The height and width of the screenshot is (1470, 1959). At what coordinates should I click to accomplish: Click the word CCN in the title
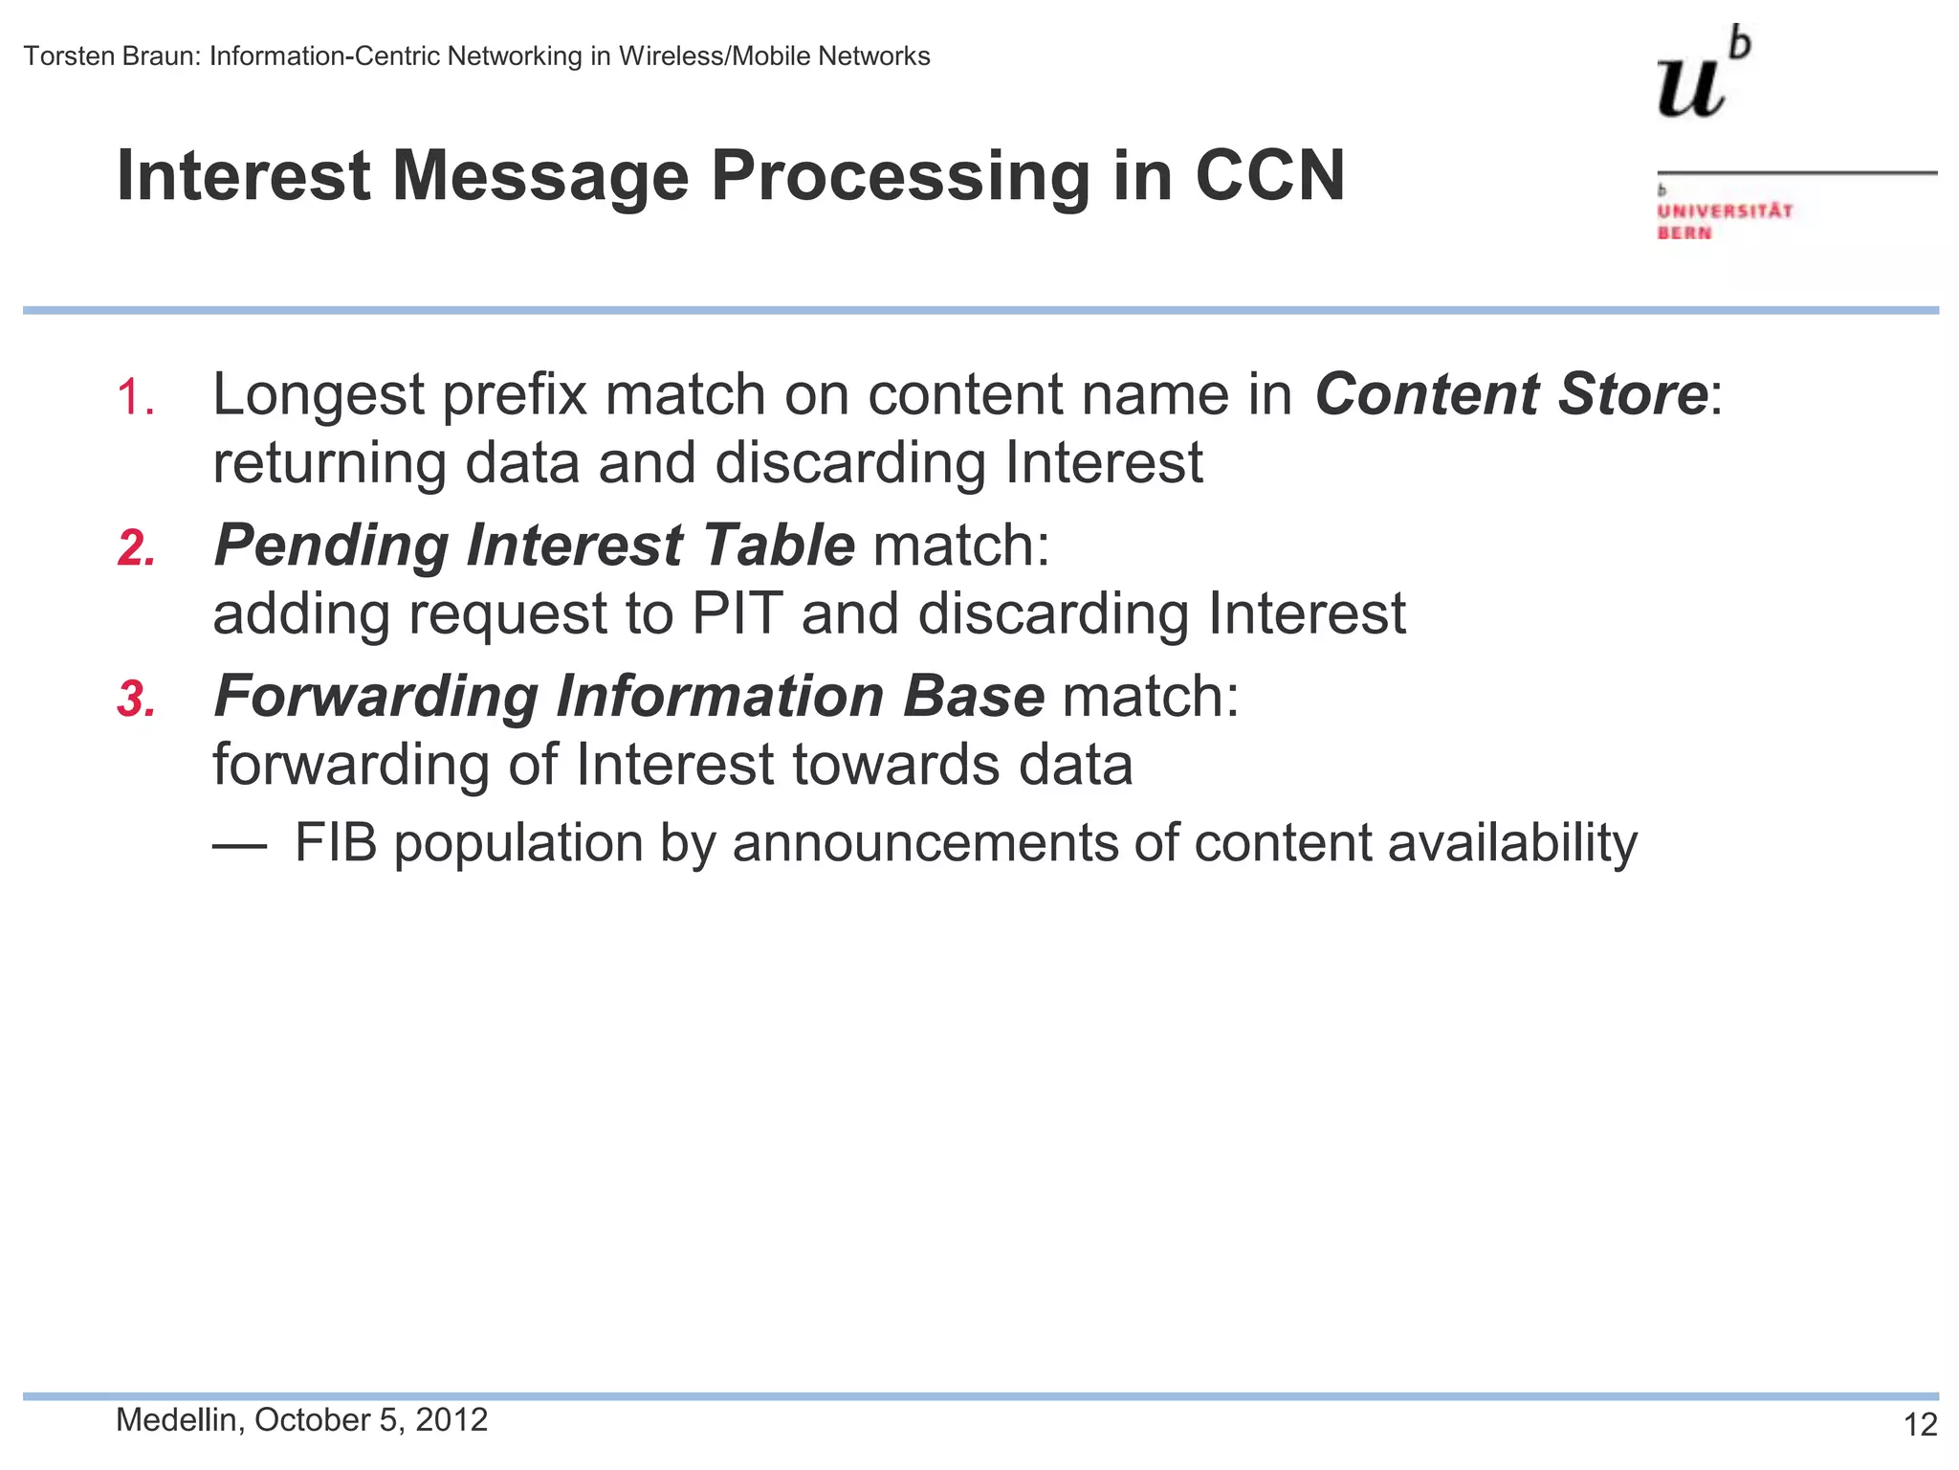pos(1269,176)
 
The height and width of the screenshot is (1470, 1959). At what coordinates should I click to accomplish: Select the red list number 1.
pos(135,396)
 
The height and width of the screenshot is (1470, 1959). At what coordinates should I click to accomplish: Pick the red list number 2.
pos(137,548)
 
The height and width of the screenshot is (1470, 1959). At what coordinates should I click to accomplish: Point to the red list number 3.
pos(137,699)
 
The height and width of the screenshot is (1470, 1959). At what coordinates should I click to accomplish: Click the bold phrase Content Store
pos(1511,394)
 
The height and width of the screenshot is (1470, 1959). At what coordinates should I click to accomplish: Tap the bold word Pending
pos(331,546)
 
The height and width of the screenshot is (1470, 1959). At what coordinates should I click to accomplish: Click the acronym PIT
pos(737,613)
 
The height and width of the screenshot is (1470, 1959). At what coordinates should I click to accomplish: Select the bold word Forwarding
pos(376,696)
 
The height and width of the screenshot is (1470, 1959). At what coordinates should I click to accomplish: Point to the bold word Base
pos(974,696)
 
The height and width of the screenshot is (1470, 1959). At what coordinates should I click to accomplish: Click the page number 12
pos(1920,1425)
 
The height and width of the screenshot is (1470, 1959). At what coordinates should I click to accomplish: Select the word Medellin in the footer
pos(176,1420)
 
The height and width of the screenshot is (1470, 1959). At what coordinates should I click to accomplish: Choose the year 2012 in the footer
pos(451,1419)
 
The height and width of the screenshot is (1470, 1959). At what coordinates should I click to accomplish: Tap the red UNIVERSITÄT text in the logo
pos(1725,211)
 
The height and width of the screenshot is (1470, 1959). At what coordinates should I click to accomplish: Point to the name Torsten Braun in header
pos(111,56)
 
